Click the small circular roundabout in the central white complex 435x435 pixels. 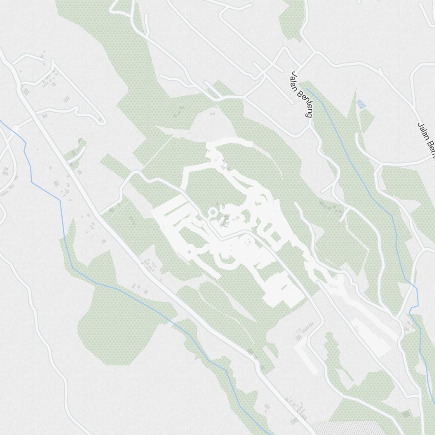pyautogui.click(x=213, y=212)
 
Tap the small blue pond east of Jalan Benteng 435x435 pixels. pyautogui.click(x=361, y=104)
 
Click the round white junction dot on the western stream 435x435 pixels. pyautogui.click(x=16, y=128)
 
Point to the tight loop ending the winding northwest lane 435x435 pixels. pyautogui.click(x=100, y=120)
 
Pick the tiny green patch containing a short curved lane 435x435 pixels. pyautogui.click(x=77, y=150)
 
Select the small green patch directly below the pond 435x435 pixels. pyautogui.click(x=366, y=120)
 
